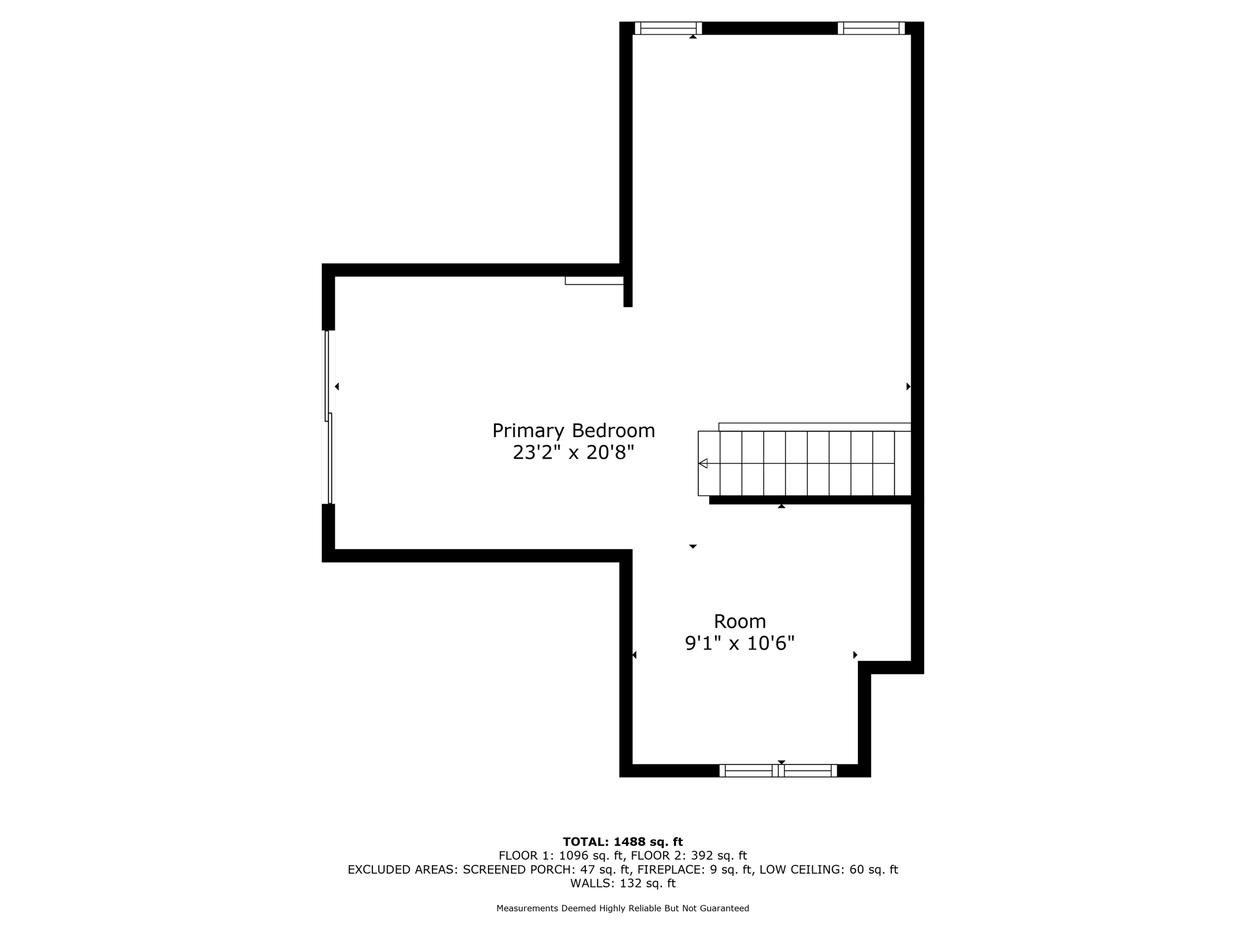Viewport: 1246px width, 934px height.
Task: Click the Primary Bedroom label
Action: [573, 431]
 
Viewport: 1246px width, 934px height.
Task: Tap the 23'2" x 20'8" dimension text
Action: [573, 452]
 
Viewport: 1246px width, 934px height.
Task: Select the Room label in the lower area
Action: [739, 621]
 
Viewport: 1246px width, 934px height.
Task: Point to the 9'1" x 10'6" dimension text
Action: [739, 643]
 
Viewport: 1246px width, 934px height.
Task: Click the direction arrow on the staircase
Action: [703, 463]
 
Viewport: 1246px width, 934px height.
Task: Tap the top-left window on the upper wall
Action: [668, 28]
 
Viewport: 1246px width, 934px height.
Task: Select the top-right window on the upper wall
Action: [871, 28]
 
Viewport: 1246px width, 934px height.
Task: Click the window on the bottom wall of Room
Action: [778, 770]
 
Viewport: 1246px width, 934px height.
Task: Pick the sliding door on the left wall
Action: [329, 417]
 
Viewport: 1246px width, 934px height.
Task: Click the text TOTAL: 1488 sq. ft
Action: [622, 842]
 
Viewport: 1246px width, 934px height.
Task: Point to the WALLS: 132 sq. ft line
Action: [622, 884]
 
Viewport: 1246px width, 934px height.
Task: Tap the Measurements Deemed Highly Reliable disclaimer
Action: [622, 908]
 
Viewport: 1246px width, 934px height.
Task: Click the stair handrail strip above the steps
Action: [815, 427]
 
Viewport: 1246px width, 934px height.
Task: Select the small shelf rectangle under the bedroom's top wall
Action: [594, 280]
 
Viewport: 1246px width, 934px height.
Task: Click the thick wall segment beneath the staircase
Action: [810, 500]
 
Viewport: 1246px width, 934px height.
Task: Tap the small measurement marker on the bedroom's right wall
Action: [908, 386]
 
